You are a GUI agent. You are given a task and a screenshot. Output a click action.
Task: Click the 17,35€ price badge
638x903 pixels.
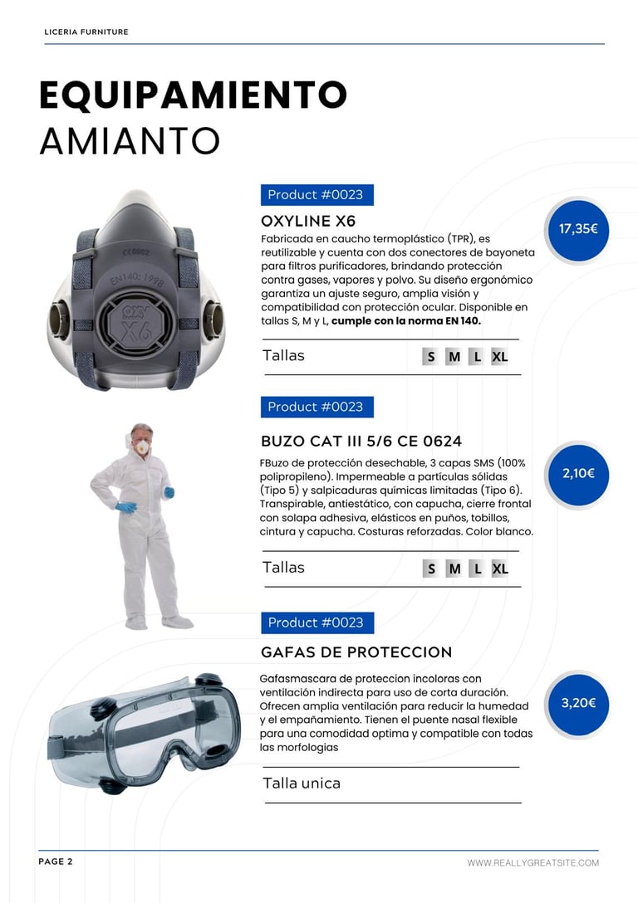click(x=577, y=230)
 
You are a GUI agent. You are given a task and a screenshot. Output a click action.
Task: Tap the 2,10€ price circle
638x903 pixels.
click(x=577, y=474)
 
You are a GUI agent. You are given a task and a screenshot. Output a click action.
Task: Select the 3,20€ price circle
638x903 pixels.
click(x=577, y=703)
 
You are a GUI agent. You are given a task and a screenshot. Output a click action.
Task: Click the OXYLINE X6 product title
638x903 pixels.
click(x=308, y=221)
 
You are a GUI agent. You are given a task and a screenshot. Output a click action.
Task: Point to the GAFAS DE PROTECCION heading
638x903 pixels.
click(x=356, y=652)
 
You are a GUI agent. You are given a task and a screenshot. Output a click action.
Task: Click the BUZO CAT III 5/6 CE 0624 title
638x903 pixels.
click(x=361, y=442)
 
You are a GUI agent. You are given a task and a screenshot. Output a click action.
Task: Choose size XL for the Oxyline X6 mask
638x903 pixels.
click(x=499, y=357)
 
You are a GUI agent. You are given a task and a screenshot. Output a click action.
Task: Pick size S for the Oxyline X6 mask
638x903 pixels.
click(x=430, y=357)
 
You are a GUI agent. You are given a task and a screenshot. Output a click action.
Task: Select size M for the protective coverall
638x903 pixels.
click(x=454, y=569)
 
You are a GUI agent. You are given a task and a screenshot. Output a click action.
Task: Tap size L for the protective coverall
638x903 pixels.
click(x=477, y=569)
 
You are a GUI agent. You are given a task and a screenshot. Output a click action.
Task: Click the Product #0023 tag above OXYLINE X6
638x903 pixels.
click(x=317, y=195)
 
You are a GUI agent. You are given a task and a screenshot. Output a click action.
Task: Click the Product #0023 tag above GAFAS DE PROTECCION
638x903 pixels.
click(x=317, y=622)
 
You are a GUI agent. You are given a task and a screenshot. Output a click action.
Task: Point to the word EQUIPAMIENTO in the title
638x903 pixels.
click(x=193, y=95)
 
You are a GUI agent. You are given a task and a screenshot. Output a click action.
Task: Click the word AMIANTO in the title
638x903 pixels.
click(x=130, y=140)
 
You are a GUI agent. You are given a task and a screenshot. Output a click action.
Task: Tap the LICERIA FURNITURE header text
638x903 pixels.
click(x=86, y=32)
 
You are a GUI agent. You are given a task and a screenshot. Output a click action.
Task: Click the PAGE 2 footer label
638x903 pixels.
click(x=56, y=862)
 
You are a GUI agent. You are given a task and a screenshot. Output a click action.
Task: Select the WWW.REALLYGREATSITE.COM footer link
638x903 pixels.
click(x=533, y=862)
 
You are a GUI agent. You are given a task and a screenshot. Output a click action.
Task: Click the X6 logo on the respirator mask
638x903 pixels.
click(x=136, y=325)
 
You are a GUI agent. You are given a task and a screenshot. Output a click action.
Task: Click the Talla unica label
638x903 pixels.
click(x=302, y=783)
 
